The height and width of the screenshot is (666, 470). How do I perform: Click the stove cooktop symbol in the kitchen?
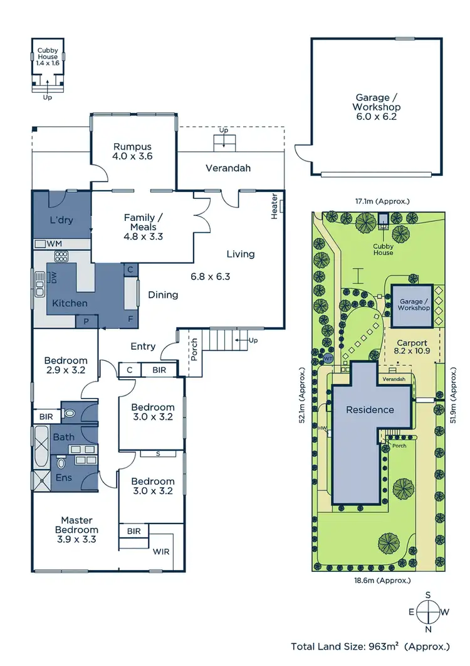[x=62, y=256]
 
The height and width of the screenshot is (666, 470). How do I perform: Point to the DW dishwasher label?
[x=54, y=277]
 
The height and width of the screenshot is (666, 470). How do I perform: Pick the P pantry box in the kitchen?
[x=86, y=321]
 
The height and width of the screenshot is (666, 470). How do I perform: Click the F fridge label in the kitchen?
[x=130, y=319]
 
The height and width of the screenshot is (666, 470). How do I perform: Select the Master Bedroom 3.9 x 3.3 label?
[x=76, y=529]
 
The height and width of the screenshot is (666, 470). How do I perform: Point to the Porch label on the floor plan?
[x=194, y=354]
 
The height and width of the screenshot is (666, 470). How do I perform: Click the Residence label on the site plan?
[x=370, y=410]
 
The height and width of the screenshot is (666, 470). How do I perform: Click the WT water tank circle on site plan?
[x=328, y=358]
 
